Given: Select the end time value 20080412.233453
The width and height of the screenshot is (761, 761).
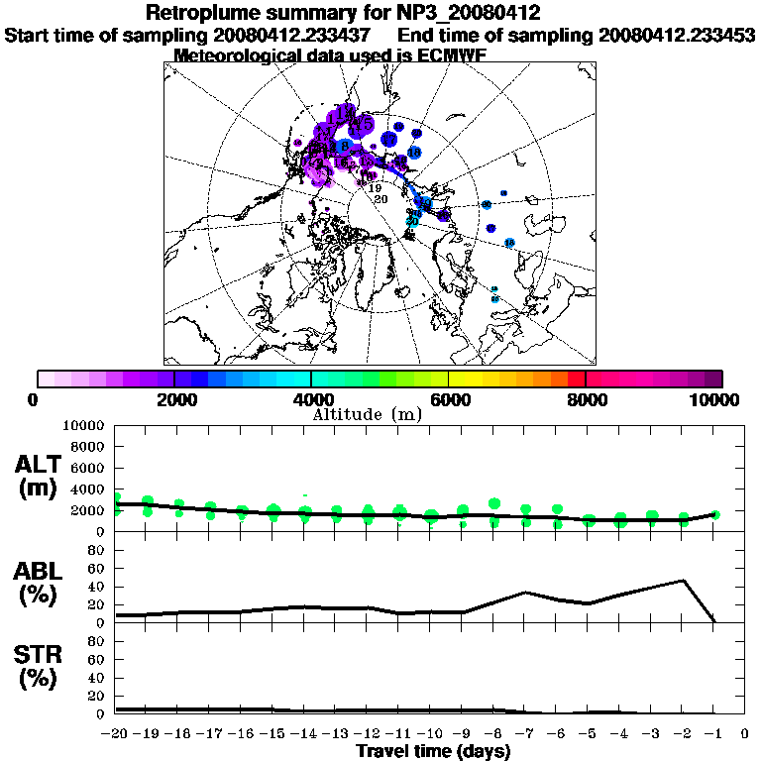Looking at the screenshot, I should (677, 35).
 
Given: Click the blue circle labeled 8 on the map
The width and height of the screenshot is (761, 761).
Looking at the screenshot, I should (343, 147).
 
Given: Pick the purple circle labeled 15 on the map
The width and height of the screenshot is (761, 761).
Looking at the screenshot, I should (364, 124).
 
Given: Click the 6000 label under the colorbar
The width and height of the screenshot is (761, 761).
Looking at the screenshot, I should (449, 399).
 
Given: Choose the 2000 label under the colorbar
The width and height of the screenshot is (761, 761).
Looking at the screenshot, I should (174, 399).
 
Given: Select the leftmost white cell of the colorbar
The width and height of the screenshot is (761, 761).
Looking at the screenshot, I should (46, 379).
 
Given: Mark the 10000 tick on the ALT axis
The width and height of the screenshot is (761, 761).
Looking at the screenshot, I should (83, 425).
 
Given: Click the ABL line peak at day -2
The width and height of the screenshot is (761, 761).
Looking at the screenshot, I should (683, 581).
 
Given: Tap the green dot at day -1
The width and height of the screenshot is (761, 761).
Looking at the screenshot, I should (714, 514).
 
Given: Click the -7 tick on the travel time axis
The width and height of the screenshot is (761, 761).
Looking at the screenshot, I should (525, 734).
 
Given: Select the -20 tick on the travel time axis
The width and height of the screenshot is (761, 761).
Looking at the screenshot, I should (115, 734).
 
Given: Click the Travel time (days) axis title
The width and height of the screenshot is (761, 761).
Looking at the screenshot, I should (433, 752).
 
